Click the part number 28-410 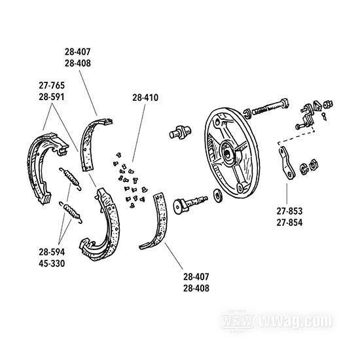(x=145, y=98)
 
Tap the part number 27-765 (x=52, y=85)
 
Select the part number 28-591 (x=52, y=97)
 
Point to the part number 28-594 (x=52, y=252)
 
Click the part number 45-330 (x=52, y=264)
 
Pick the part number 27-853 (x=289, y=211)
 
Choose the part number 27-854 (x=289, y=223)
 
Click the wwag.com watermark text (x=296, y=321)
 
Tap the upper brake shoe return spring (x=70, y=179)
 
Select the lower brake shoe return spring (x=71, y=212)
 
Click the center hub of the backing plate (x=229, y=152)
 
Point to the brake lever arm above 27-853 (x=286, y=163)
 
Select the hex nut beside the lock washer (x=313, y=164)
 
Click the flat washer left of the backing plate (x=217, y=196)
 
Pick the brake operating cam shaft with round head (x=190, y=203)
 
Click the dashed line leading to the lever (x=296, y=137)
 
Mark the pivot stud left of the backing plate (x=180, y=132)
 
